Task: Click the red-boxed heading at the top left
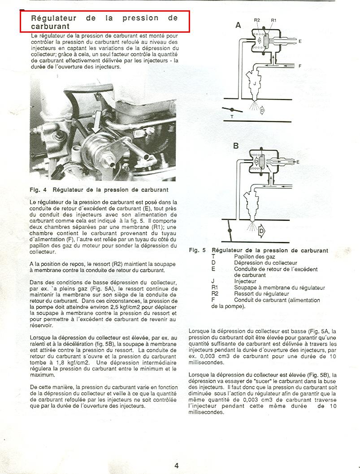click(x=104, y=22)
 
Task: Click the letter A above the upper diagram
click(x=238, y=26)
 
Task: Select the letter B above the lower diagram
click(x=236, y=146)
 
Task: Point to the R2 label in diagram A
click(x=257, y=20)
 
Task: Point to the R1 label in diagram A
click(x=273, y=20)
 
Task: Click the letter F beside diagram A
click(x=300, y=66)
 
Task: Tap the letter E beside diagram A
click(x=300, y=41)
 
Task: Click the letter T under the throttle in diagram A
click(x=232, y=116)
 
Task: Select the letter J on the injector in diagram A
click(x=255, y=84)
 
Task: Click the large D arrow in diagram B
click(x=261, y=232)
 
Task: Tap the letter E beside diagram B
click(x=298, y=162)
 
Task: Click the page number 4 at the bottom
click(x=176, y=465)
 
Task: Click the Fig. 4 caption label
click(x=38, y=190)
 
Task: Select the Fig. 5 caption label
click(x=197, y=250)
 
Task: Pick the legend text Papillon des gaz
click(x=254, y=257)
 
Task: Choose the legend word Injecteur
click(x=245, y=281)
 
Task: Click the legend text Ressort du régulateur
click(x=261, y=293)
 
